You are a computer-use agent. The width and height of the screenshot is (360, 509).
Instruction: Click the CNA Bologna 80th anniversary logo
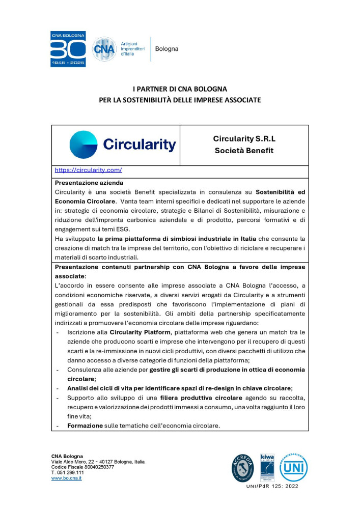click(x=68, y=49)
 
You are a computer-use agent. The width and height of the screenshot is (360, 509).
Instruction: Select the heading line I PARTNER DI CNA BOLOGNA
click(x=180, y=89)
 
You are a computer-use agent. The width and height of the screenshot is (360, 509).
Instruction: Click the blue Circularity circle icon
click(x=84, y=145)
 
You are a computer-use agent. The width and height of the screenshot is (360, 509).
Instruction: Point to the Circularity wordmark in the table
click(x=139, y=145)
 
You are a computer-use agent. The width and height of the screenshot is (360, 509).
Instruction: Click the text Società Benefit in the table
click(x=244, y=151)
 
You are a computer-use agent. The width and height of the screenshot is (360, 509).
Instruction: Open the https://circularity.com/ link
click(x=88, y=170)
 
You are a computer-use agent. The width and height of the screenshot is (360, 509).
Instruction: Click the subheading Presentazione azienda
click(x=89, y=182)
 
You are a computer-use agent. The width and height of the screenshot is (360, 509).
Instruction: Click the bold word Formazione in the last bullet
click(x=85, y=425)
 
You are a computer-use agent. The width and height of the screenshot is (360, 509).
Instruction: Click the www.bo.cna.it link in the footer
click(x=67, y=478)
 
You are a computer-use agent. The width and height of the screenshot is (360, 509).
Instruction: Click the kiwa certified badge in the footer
click(x=267, y=465)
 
